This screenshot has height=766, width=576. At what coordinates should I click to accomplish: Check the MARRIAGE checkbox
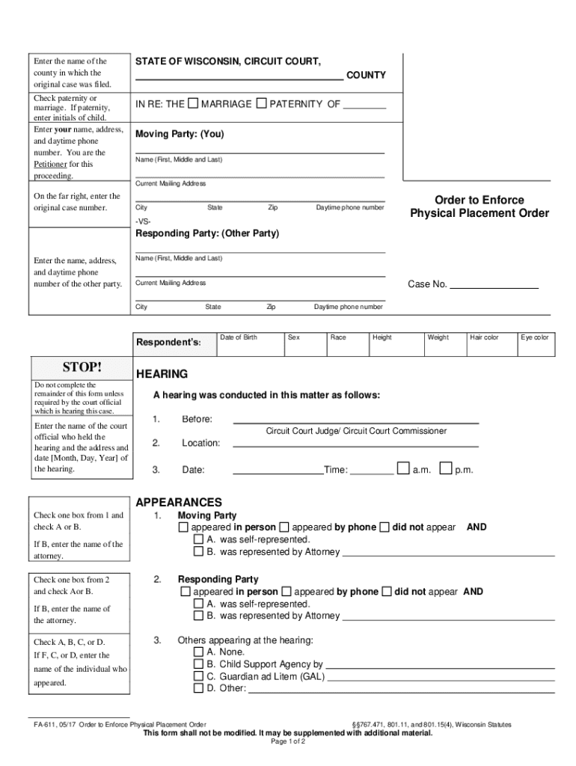(x=194, y=103)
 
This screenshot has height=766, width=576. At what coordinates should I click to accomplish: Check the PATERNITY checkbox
(x=261, y=103)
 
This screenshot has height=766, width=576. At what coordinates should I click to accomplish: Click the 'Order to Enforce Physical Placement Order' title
(x=480, y=206)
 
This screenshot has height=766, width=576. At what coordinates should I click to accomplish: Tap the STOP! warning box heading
(x=82, y=367)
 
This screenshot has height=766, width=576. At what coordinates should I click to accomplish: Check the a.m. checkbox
(x=403, y=469)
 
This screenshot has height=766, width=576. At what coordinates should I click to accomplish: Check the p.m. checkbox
(x=445, y=469)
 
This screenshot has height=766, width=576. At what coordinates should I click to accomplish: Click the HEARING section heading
(x=162, y=374)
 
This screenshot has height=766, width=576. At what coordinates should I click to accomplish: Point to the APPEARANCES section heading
(x=179, y=503)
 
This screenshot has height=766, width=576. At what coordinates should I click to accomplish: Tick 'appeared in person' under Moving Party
(x=184, y=527)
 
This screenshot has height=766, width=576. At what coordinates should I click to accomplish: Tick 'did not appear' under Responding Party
(x=387, y=592)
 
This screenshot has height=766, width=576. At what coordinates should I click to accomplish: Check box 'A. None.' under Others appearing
(x=198, y=652)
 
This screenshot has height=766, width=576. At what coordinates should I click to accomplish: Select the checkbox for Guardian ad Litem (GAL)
(x=198, y=676)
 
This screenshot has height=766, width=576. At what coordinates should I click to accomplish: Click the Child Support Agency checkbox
(x=198, y=664)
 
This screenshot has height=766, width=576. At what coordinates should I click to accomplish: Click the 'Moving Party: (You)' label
(x=180, y=135)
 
